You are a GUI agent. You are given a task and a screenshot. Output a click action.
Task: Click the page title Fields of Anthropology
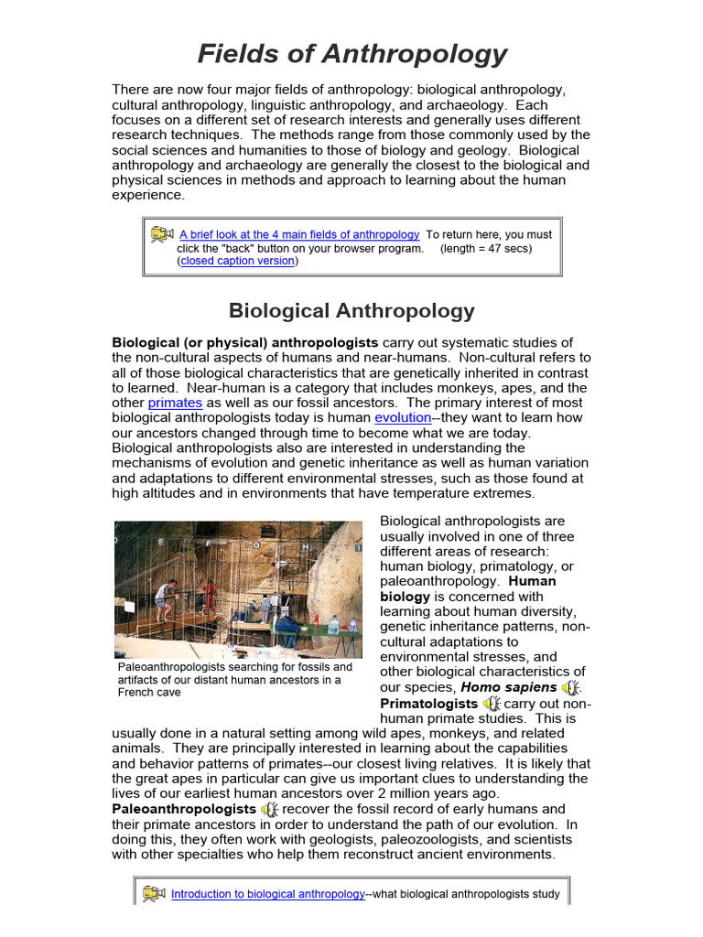351,54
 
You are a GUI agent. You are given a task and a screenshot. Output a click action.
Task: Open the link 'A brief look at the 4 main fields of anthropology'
299,234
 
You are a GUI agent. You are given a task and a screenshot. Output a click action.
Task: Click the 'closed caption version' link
238,261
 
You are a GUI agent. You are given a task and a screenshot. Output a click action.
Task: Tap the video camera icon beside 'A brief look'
163,234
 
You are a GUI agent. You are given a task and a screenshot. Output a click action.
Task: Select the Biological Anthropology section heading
351,310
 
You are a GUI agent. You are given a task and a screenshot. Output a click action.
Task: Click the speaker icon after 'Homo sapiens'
571,687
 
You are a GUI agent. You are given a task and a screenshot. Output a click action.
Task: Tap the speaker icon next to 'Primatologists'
492,704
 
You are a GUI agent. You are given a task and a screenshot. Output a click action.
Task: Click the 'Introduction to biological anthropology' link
268,894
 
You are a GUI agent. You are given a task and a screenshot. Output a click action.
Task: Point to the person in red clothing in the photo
210,595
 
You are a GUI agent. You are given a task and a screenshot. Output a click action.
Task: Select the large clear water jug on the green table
334,625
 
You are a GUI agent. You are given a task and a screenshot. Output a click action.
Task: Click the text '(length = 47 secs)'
485,248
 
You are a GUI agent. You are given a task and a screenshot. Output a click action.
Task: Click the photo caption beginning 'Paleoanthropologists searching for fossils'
234,679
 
